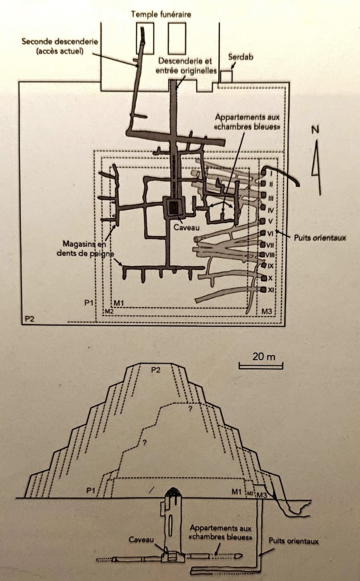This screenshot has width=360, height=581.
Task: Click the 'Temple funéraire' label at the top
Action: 161,15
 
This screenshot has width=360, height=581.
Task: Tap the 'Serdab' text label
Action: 240,57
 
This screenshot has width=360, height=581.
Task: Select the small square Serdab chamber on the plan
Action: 225,77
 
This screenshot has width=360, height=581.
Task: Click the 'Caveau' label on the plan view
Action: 187,228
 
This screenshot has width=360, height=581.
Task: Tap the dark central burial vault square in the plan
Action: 173,208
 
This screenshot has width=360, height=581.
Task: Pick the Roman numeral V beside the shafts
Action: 270,221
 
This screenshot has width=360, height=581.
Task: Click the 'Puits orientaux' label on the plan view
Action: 320,238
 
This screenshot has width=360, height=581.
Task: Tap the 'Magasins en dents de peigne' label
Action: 85,249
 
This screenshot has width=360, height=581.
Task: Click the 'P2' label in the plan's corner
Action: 29,318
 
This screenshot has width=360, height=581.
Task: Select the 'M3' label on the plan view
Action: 266,311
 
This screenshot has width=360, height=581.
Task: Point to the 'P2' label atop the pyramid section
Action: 156,369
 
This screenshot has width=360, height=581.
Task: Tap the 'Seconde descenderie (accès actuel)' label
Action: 60,46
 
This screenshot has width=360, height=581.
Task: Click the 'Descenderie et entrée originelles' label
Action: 186,66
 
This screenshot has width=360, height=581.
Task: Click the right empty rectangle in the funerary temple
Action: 177,38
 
